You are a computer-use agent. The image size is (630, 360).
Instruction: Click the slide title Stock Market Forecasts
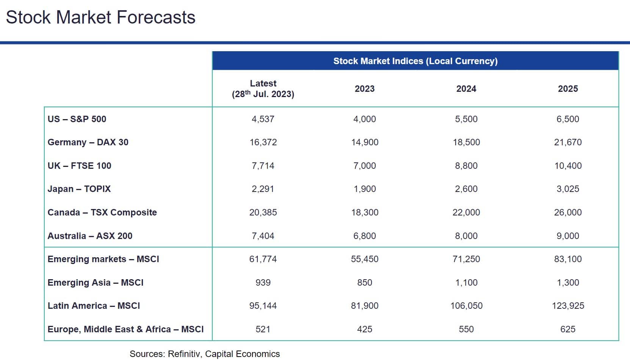pyautogui.click(x=100, y=17)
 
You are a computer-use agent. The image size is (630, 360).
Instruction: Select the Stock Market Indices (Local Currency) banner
pyautogui.click(x=415, y=61)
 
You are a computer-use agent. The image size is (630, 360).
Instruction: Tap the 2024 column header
pyautogui.click(x=466, y=89)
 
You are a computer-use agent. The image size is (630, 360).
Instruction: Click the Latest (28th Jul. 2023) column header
pyautogui.click(x=263, y=89)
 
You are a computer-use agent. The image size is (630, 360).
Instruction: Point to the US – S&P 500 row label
pyautogui.click(x=77, y=119)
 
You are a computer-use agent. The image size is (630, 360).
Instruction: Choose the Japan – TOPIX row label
pyautogui.click(x=79, y=189)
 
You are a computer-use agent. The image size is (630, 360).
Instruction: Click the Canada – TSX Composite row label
pyautogui.click(x=102, y=212)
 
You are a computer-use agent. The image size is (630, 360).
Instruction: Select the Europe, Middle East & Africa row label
pyautogui.click(x=125, y=329)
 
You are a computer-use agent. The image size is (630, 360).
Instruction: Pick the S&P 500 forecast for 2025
pyautogui.click(x=568, y=119)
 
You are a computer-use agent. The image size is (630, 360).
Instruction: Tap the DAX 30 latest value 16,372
pyautogui.click(x=263, y=142)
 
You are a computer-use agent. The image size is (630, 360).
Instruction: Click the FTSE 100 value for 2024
pyautogui.click(x=466, y=166)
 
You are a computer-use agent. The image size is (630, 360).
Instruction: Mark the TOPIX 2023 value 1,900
pyautogui.click(x=365, y=189)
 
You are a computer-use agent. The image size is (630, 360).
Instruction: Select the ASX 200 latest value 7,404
pyautogui.click(x=263, y=236)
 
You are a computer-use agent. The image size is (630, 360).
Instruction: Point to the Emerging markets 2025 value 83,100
pyautogui.click(x=568, y=259)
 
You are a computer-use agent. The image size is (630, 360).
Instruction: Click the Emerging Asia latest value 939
pyautogui.click(x=263, y=283)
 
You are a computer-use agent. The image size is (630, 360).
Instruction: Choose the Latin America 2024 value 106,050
pyautogui.click(x=466, y=306)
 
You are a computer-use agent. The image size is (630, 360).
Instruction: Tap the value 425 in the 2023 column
pyautogui.click(x=365, y=329)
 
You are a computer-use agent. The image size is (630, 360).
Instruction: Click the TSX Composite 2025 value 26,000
pyautogui.click(x=568, y=212)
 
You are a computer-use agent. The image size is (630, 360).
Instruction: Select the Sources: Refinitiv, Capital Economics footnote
pyautogui.click(x=205, y=354)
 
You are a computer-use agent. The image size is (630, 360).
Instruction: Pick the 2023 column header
pyautogui.click(x=365, y=89)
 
